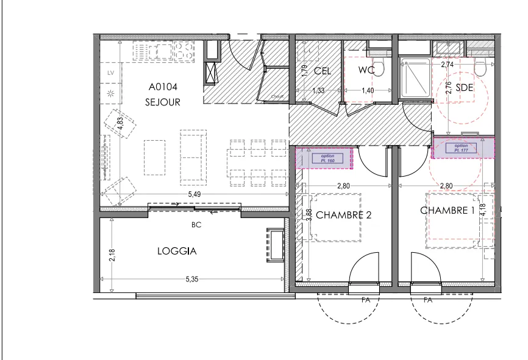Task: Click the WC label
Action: tap(366, 70)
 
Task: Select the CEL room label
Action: tap(323, 71)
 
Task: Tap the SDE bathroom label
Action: tap(465, 88)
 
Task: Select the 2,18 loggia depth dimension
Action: tap(112, 255)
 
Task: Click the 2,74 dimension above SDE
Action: tap(448, 64)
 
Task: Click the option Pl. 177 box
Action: tap(461, 148)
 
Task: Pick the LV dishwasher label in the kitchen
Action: tap(110, 73)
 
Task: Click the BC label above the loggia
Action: tap(196, 225)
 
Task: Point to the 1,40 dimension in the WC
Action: tap(368, 91)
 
